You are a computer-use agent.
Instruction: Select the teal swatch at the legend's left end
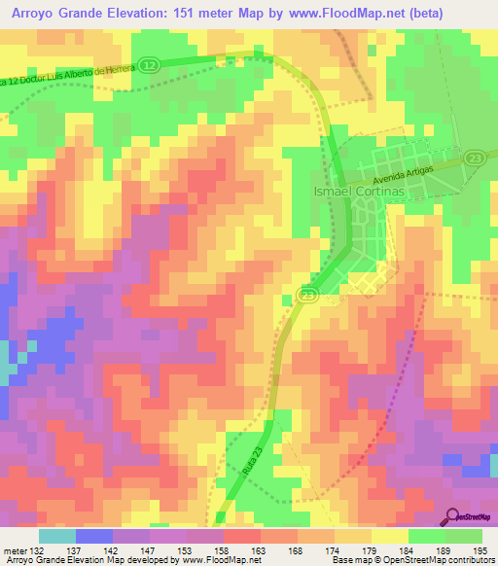pyautogui.click(x=57, y=536)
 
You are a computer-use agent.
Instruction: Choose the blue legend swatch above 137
pyautogui.click(x=94, y=536)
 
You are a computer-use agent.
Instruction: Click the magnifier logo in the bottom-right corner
pyautogui.click(x=453, y=516)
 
